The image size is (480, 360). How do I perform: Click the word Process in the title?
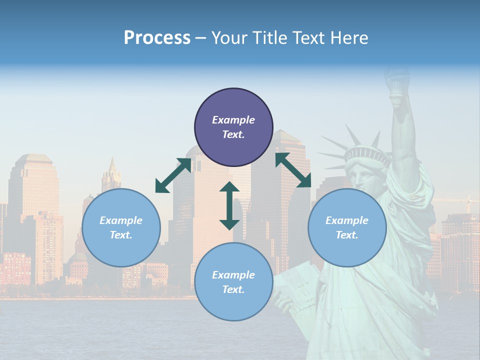point(157,37)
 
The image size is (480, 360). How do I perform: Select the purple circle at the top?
point(233,127)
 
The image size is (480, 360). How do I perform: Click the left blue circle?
point(121,227)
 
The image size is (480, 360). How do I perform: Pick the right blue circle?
point(347,227)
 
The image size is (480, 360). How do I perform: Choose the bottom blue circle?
point(233,282)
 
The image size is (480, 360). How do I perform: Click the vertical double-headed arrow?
point(229,206)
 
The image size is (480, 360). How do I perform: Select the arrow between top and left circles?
point(173,175)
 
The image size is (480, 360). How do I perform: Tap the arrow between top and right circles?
point(293,170)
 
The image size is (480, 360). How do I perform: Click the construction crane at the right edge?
point(467,202)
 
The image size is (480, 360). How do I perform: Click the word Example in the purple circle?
point(233,120)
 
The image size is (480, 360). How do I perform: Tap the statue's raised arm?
point(405,140)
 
